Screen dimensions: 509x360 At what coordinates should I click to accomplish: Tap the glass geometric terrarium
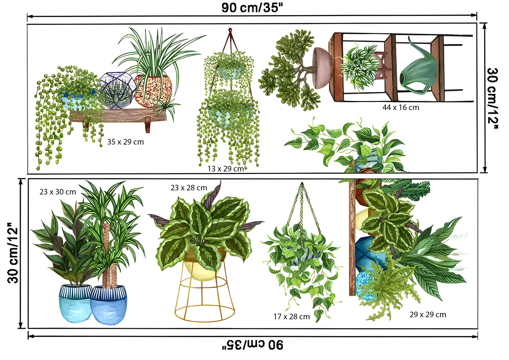coord(118,90)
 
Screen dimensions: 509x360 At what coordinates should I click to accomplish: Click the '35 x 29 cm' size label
coord(125,142)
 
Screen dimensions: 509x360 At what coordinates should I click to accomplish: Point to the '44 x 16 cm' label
coord(401,108)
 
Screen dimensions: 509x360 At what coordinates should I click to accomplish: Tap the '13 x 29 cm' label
coord(226,169)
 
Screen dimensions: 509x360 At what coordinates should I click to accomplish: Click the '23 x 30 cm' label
coord(58,192)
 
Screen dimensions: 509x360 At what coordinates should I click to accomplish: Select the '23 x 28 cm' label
coord(189,188)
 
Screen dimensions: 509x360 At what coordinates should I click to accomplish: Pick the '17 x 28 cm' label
coord(292,316)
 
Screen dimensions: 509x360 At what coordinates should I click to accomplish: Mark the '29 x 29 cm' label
coord(428,314)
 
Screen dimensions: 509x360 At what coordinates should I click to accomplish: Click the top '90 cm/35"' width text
coord(252,8)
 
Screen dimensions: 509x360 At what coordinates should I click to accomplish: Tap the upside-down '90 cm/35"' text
coord(253,345)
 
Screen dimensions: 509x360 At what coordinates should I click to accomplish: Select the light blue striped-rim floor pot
coord(76,303)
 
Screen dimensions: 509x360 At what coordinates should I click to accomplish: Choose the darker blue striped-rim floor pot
coord(109,305)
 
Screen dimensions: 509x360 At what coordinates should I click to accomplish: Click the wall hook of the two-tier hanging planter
coord(230,30)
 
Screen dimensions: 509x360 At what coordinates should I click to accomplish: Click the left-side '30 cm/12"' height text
coord(13,253)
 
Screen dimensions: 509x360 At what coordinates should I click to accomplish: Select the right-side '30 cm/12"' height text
coord(493,98)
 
